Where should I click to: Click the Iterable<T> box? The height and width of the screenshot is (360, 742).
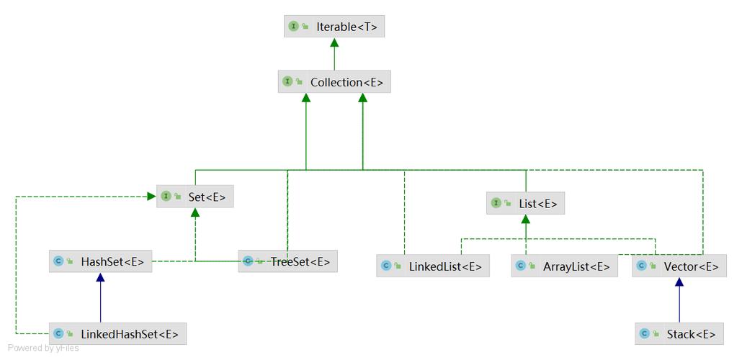click(x=334, y=27)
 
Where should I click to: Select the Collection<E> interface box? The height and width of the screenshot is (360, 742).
click(x=334, y=82)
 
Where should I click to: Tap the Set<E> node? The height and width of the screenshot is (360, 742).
click(x=195, y=196)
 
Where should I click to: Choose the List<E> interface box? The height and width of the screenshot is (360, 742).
click(x=525, y=204)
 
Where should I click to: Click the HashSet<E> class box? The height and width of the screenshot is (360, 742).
click(x=101, y=262)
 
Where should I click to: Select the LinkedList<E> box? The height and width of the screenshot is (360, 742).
click(x=433, y=266)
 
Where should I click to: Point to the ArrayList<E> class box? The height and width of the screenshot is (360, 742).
click(x=565, y=266)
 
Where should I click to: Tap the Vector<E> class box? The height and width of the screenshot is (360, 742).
click(x=679, y=266)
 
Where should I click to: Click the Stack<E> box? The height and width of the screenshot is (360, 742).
click(x=679, y=334)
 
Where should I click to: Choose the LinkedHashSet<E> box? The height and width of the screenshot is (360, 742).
click(x=118, y=334)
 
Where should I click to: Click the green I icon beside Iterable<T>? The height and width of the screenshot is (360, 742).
click(x=293, y=27)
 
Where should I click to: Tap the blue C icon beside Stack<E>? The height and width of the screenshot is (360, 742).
click(x=645, y=334)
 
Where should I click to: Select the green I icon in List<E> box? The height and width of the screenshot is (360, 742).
click(x=496, y=204)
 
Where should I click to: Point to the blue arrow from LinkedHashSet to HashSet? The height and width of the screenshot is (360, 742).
click(x=101, y=299)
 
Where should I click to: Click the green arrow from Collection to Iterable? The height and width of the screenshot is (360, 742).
click(x=334, y=55)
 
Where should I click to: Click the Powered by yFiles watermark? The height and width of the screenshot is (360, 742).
click(x=43, y=348)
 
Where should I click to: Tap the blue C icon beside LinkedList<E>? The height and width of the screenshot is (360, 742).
click(x=386, y=266)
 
